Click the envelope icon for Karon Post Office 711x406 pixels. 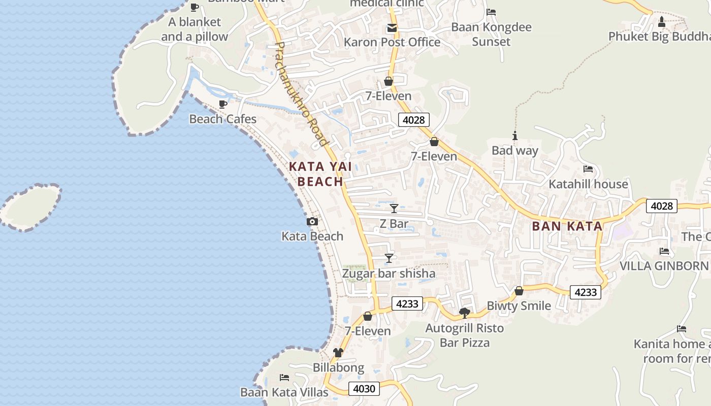tap(392, 28)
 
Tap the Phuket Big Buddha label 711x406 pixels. tap(659, 37)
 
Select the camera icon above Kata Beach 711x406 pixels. tap(312, 222)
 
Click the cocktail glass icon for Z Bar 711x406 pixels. tap(394, 209)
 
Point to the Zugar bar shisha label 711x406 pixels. tap(389, 274)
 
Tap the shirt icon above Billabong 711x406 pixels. tap(338, 353)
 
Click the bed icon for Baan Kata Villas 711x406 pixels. tap(284, 378)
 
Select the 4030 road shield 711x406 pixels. tap(364, 389)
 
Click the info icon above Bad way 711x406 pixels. tap(515, 136)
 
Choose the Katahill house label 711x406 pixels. tap(588, 184)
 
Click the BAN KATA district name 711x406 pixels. tap(567, 226)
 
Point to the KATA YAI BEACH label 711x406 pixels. tap(320, 174)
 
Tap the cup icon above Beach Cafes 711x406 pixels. tap(222, 105)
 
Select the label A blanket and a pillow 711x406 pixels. tap(195, 29)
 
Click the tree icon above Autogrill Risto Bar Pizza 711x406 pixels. tap(464, 313)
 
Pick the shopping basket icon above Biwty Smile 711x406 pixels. tap(519, 291)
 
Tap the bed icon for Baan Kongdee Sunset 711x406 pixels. tap(491, 12)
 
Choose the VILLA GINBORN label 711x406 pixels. tap(664, 266)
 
